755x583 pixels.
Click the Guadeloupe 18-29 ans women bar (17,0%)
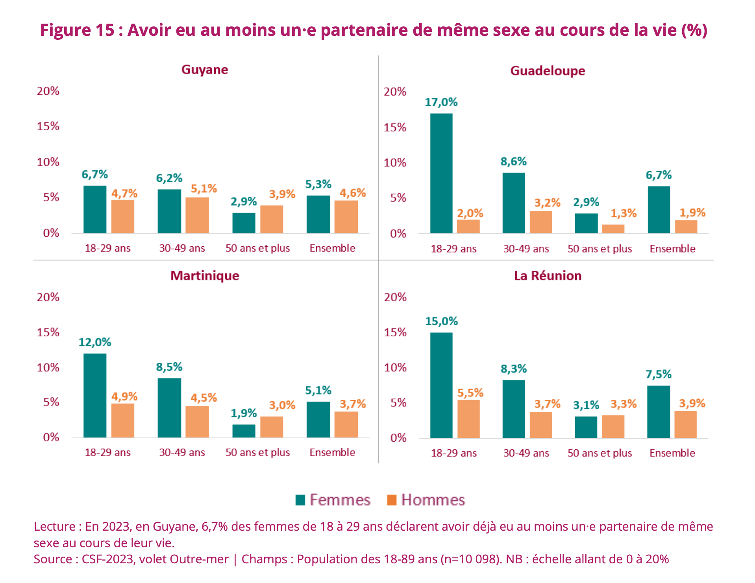(x=441, y=173)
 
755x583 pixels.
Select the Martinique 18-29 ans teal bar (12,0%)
(x=94, y=395)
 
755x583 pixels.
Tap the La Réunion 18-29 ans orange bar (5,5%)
(x=468, y=419)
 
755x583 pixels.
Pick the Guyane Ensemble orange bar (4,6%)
(x=346, y=217)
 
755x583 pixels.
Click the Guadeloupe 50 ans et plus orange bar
(x=613, y=229)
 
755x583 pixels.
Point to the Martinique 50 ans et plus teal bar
(x=244, y=431)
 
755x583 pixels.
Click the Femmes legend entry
(x=333, y=500)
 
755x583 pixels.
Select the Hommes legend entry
(x=426, y=500)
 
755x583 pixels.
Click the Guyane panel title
(x=205, y=70)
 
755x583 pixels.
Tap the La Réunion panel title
(x=548, y=276)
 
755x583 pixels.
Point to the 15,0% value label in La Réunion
(x=441, y=321)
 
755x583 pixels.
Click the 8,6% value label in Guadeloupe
(x=513, y=161)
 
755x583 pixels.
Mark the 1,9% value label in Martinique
(x=243, y=413)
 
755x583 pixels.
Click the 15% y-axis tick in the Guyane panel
(x=48, y=126)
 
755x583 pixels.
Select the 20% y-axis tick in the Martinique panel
(x=48, y=297)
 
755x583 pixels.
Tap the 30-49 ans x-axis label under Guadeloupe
(x=526, y=249)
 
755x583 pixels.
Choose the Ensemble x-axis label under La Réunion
(x=672, y=453)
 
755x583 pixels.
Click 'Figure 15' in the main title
(x=77, y=30)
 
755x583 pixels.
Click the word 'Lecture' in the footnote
(x=54, y=526)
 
